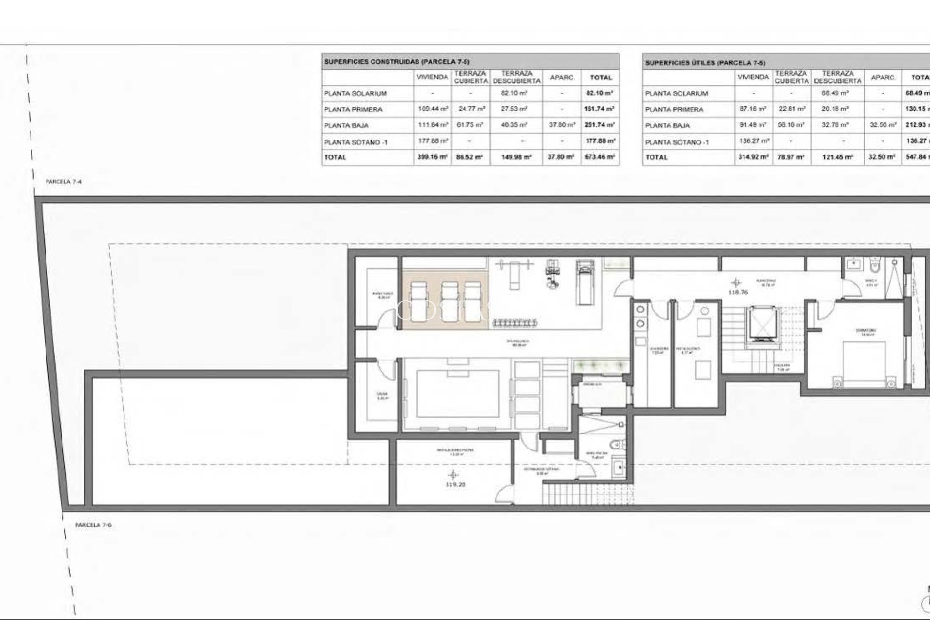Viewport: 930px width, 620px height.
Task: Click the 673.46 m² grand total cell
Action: tap(600, 157)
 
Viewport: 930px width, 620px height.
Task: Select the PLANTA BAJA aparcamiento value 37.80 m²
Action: tap(561, 125)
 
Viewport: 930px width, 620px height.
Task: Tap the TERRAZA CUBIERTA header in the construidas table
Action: tap(470, 77)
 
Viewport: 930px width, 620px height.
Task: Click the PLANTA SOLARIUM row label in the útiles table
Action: tap(676, 93)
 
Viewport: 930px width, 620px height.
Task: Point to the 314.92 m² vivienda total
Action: tap(753, 157)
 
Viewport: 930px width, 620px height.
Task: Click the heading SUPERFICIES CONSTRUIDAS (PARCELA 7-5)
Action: tap(397, 62)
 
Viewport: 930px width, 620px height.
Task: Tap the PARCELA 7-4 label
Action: tap(63, 182)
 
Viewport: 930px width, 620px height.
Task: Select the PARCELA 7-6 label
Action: tap(93, 525)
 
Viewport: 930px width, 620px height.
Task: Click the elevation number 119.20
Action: tap(455, 484)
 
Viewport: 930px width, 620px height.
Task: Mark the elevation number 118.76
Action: tap(738, 293)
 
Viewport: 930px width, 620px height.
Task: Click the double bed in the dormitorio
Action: tap(865, 364)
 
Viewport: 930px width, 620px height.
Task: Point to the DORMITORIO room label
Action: tap(866, 331)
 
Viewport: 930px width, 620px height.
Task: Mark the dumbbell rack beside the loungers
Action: tap(514, 323)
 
